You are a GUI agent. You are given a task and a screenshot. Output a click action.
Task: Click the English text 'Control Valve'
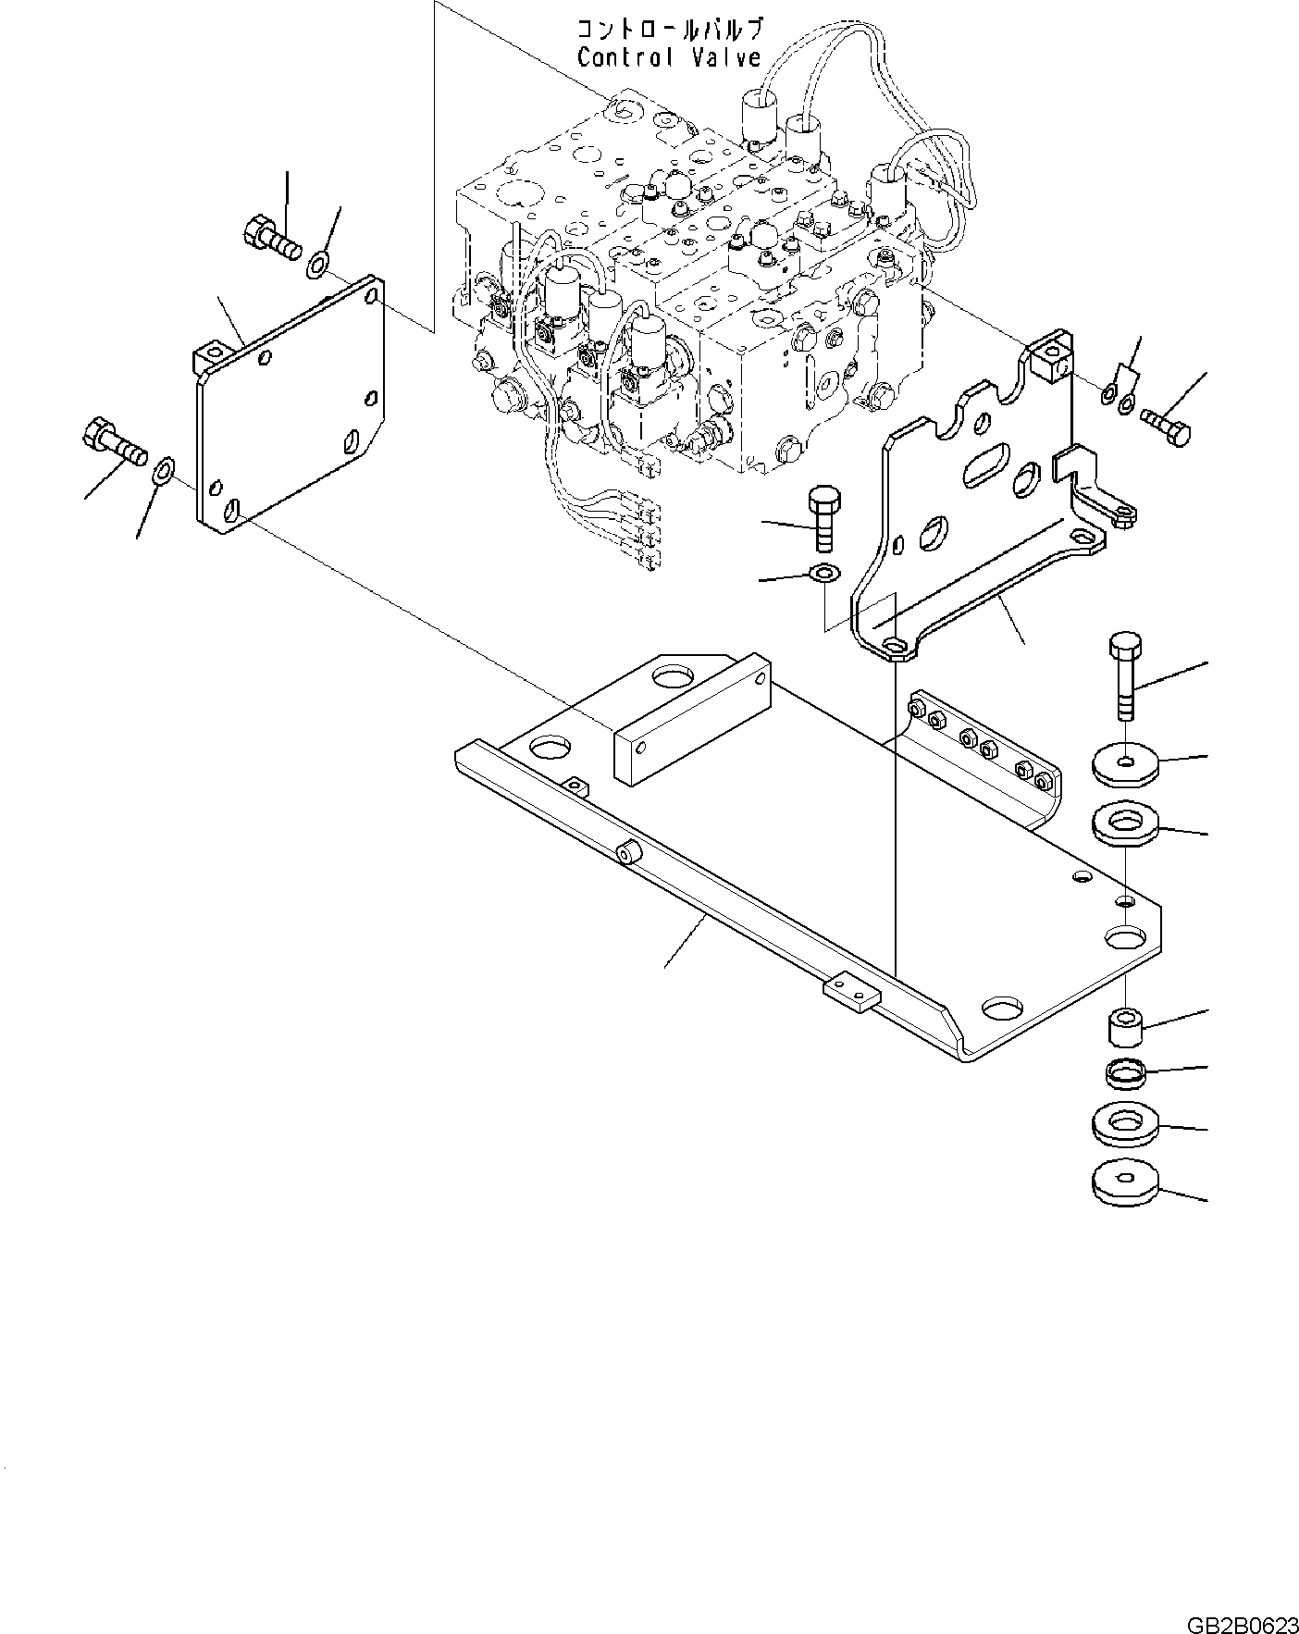(669, 57)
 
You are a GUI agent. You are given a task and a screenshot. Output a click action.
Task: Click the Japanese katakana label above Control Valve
(670, 29)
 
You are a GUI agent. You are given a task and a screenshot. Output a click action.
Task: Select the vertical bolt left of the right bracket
(823, 518)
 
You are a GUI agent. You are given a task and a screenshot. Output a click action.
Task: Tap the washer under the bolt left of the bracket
(823, 574)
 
